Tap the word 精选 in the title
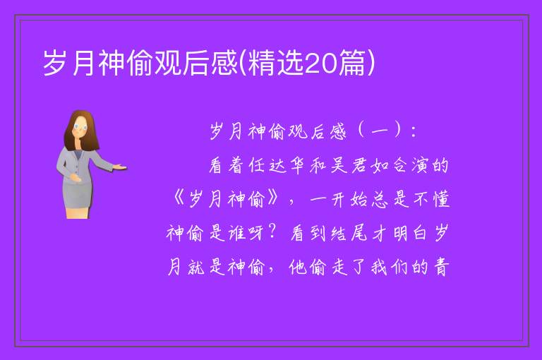275,62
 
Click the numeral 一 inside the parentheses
380,132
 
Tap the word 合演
411,166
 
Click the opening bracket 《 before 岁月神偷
179,199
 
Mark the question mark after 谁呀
272,232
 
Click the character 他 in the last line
298,267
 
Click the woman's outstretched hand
119,167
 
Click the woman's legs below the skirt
78,212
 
